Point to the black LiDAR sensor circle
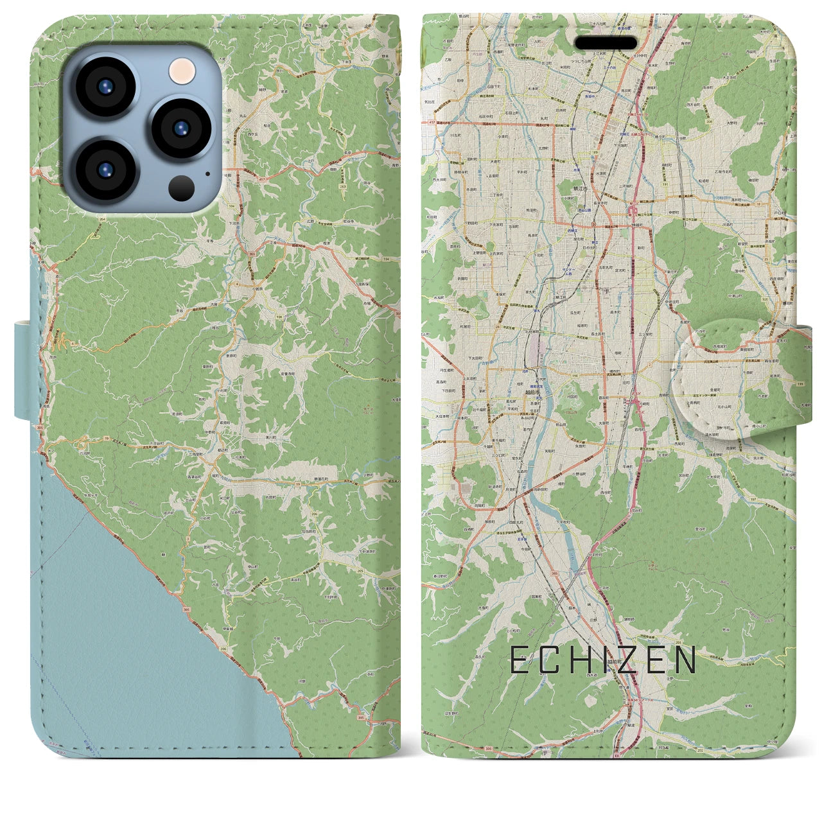182,187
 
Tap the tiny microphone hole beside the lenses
207,173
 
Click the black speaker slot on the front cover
605,43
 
